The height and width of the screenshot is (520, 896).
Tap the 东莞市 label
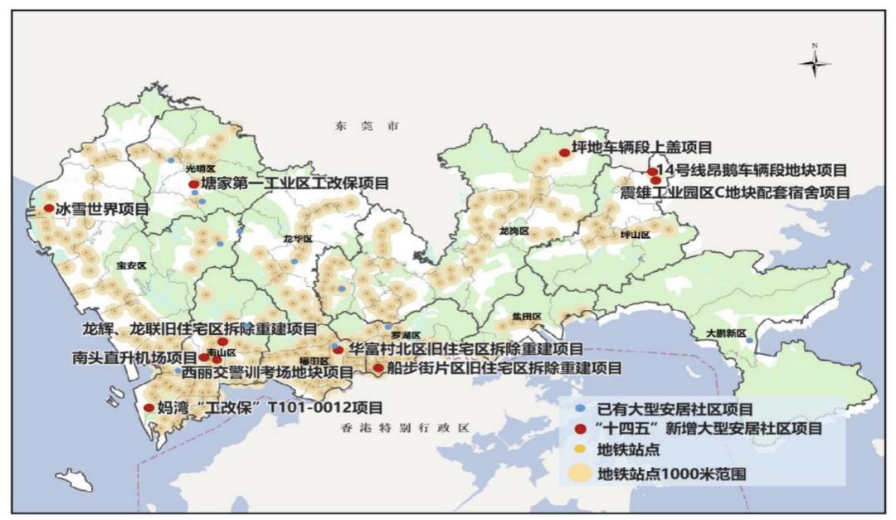(367, 126)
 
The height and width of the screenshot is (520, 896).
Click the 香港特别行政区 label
(405, 428)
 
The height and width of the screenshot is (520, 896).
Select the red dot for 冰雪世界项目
(49, 208)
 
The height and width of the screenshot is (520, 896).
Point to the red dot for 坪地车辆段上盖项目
(564, 153)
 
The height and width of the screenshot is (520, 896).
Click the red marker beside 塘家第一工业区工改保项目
(194, 184)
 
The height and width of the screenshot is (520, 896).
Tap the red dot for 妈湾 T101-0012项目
(149, 407)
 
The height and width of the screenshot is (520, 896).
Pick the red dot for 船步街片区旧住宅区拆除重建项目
(378, 367)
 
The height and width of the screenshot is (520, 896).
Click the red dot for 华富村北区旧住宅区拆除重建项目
(338, 350)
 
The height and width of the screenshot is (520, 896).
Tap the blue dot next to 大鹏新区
(749, 340)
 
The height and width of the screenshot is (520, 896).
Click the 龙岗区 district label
(514, 231)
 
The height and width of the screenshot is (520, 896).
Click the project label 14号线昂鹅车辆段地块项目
(752, 171)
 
